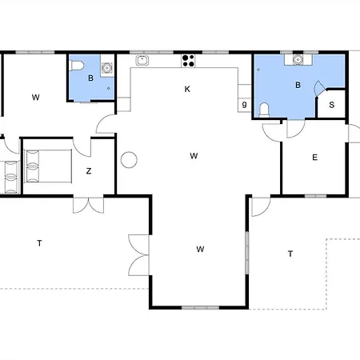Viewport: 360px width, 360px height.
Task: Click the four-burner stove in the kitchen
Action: tap(188, 61)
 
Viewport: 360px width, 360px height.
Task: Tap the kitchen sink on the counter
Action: tap(142, 60)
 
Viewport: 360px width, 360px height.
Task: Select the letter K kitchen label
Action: tap(187, 89)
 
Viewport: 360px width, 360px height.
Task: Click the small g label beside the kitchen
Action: tap(244, 104)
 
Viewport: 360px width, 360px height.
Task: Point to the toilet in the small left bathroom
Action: tap(77, 66)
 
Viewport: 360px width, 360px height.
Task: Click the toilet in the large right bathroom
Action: tap(264, 110)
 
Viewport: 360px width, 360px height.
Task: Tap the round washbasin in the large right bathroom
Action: tap(298, 59)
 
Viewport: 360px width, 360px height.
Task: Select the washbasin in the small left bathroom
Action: tap(106, 68)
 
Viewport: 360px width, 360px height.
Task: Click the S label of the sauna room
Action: tap(331, 105)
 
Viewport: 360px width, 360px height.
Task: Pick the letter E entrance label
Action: tap(314, 158)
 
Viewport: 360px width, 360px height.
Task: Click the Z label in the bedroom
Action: tap(89, 170)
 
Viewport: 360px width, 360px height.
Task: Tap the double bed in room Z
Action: tap(48, 166)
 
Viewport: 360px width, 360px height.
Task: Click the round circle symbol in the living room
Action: tap(129, 160)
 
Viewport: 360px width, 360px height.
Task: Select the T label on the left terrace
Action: tap(39, 243)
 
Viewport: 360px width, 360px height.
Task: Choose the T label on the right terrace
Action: tap(290, 254)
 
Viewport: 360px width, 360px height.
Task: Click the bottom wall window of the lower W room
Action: tap(200, 307)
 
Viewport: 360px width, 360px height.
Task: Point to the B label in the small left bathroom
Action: tap(90, 78)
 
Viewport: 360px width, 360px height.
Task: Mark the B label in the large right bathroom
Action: tap(298, 85)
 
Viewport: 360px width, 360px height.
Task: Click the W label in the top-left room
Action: tap(35, 98)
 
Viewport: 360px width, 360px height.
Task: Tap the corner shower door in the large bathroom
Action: tap(320, 88)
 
